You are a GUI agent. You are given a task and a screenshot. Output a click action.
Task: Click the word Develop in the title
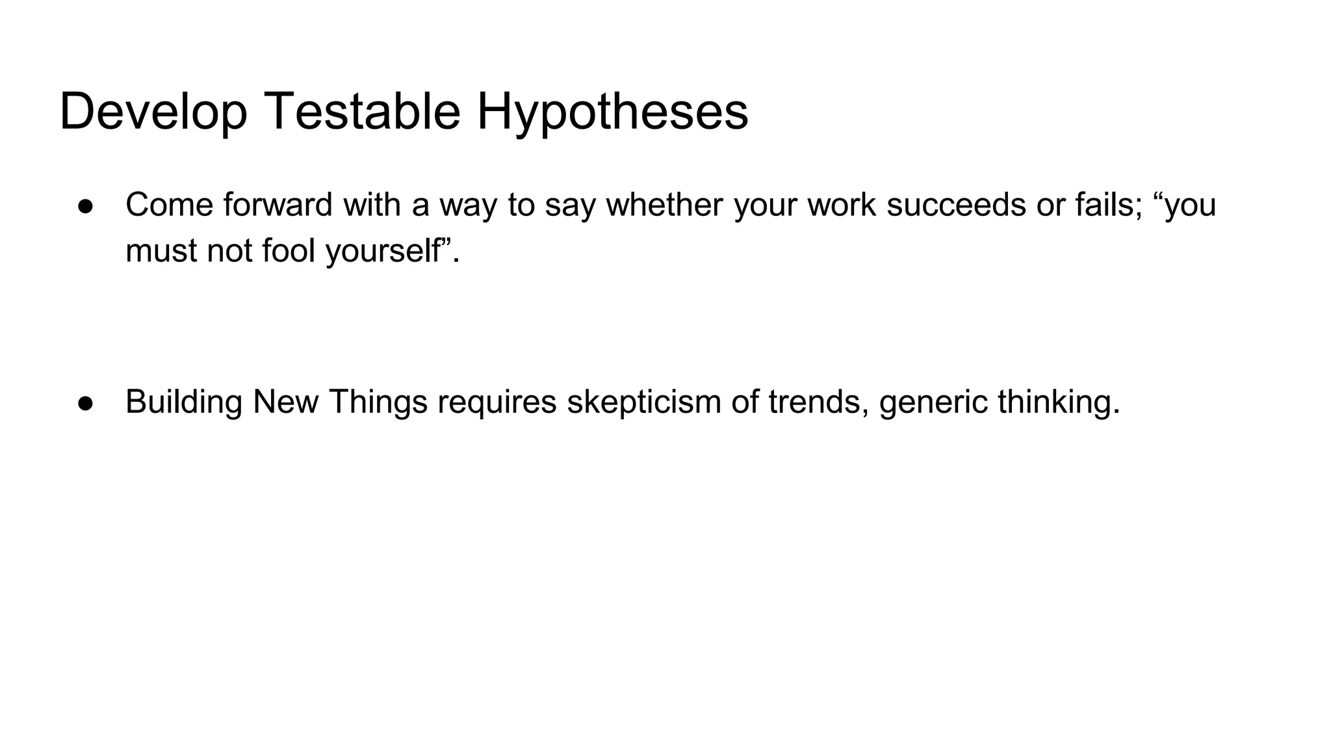(153, 112)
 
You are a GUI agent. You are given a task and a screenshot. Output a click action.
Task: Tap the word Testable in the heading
(362, 112)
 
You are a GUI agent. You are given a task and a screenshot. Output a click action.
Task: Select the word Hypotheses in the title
(612, 112)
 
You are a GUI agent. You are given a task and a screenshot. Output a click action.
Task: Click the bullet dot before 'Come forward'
(86, 205)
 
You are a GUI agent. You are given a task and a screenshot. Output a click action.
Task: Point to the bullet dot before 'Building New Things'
(86, 402)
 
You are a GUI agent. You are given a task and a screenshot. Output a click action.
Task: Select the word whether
(664, 205)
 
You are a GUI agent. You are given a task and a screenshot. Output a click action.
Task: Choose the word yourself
(383, 251)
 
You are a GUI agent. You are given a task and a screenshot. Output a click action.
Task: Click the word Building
(184, 402)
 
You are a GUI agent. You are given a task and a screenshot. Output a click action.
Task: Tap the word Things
(378, 402)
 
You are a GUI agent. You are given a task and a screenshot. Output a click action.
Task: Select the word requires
(497, 402)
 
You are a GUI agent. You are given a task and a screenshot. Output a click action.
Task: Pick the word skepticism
(644, 402)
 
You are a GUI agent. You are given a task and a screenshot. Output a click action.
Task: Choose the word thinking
(1058, 402)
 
